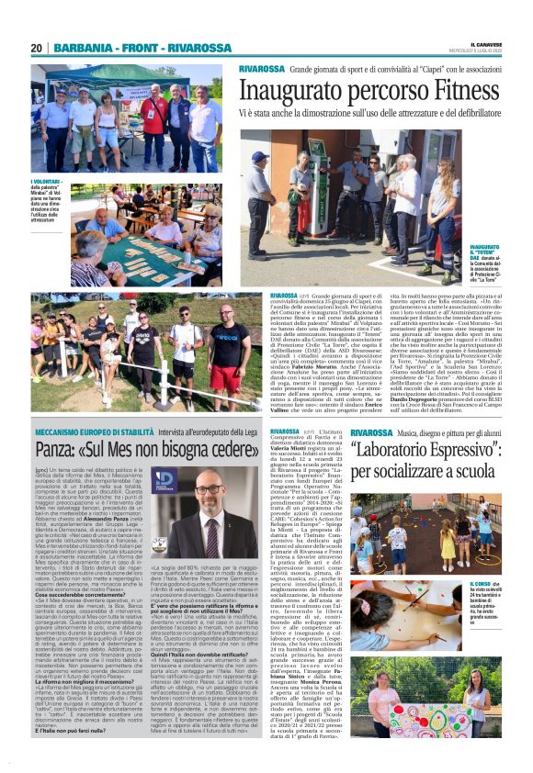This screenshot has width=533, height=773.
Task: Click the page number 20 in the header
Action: pos(37,48)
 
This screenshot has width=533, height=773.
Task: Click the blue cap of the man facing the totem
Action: pos(260,156)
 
